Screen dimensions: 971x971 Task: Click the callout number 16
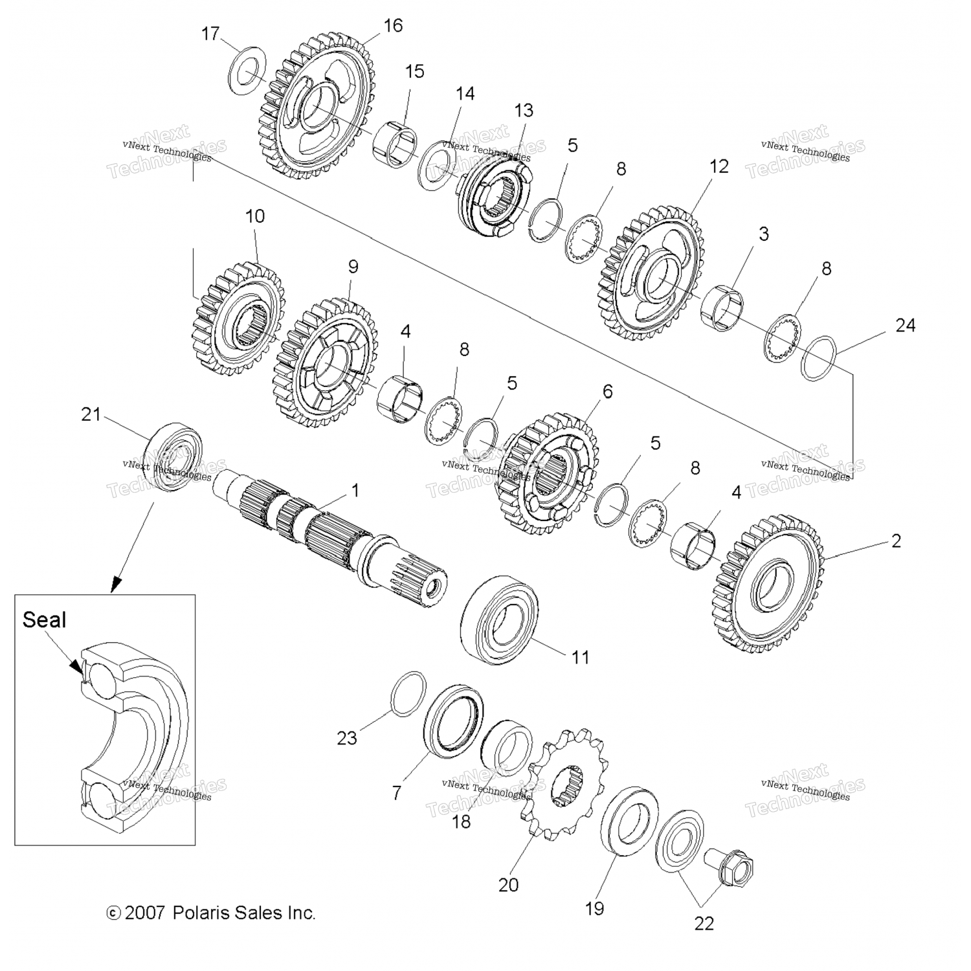[x=393, y=25]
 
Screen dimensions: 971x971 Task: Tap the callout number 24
[x=905, y=325]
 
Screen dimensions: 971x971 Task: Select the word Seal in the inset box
[x=44, y=619]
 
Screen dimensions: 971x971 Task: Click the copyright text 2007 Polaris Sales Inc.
[x=211, y=913]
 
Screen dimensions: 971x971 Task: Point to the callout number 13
[x=524, y=110]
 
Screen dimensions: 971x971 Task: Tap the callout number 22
[x=704, y=923]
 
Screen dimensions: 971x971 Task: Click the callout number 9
[x=353, y=267]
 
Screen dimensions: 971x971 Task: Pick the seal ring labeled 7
[x=453, y=719]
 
